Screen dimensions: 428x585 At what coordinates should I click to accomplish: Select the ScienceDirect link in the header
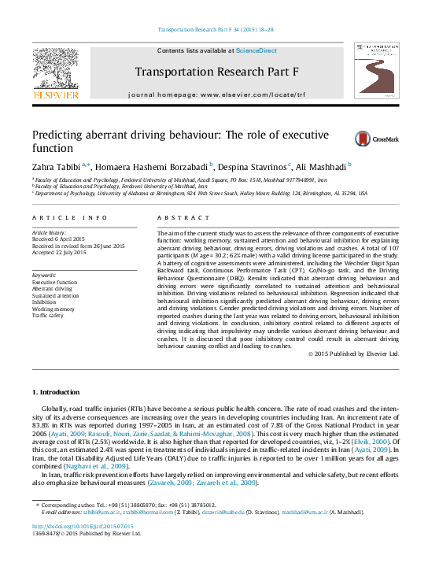tap(256, 50)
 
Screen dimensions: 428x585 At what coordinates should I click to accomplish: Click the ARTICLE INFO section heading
tap(58, 217)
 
